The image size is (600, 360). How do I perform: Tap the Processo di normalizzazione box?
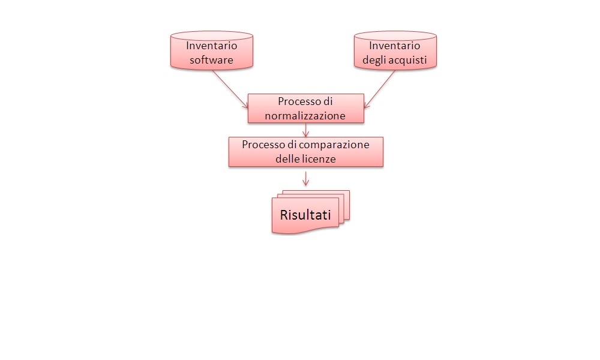(305, 109)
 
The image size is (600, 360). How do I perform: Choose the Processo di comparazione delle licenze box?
(305, 152)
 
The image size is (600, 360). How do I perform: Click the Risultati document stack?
(309, 213)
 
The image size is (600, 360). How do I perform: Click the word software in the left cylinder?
(211, 60)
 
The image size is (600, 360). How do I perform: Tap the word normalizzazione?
(305, 116)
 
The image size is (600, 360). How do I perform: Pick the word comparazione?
(338, 145)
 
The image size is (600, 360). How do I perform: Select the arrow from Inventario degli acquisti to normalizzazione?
(381, 89)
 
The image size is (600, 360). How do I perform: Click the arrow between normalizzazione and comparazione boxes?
(306, 130)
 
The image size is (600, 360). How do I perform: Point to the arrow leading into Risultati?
(306, 178)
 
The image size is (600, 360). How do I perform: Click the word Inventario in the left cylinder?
(211, 45)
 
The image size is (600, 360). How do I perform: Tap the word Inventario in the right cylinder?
(394, 45)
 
